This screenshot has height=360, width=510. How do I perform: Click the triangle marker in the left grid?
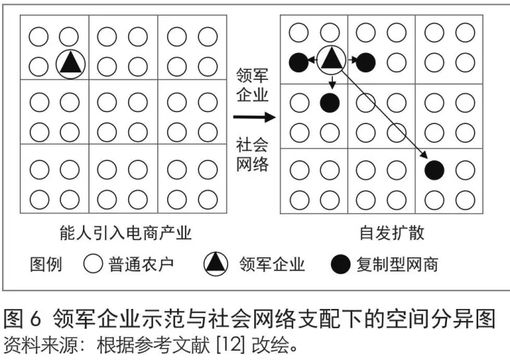click(71, 64)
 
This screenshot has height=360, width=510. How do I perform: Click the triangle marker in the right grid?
click(331, 60)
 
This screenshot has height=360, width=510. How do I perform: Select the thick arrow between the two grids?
click(254, 117)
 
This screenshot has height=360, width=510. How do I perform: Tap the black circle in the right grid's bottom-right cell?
click(434, 170)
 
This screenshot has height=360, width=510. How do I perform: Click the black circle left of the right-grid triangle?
click(299, 62)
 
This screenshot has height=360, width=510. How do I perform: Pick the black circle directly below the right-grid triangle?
click(330, 103)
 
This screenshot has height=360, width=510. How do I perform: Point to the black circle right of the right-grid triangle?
click(366, 62)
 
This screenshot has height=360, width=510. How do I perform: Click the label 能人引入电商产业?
click(125, 233)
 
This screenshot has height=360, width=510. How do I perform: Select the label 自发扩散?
click(392, 233)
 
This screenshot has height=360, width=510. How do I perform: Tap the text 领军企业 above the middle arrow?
click(252, 85)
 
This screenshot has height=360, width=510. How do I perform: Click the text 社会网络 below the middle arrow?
click(252, 155)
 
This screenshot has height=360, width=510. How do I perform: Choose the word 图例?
click(46, 264)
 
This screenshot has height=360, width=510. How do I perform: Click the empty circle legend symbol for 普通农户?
click(93, 264)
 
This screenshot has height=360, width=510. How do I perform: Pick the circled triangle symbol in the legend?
click(215, 264)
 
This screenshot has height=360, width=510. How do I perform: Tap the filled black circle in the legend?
click(341, 264)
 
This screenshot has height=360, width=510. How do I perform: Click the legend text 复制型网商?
click(397, 264)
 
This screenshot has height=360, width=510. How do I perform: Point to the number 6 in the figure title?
click(36, 320)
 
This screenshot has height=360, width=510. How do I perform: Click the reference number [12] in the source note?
click(231, 345)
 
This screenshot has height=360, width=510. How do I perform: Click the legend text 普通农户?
click(141, 264)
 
